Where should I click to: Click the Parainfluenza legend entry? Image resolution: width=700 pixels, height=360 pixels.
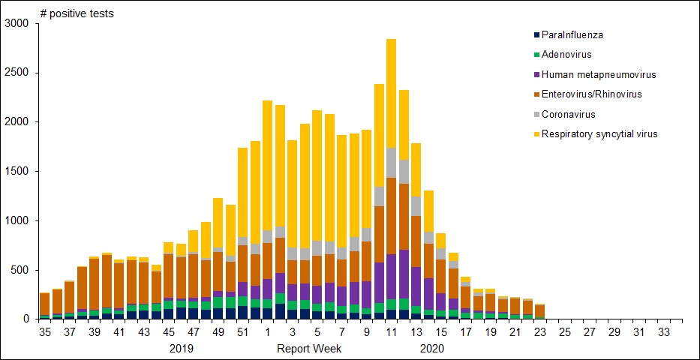coord(572,34)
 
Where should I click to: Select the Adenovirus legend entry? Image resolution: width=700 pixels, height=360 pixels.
coord(567,55)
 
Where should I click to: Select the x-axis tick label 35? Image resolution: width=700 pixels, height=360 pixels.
coord(45,331)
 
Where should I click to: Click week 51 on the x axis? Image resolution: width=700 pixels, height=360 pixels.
coord(242,331)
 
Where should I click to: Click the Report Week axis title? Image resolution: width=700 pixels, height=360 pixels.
coord(309,349)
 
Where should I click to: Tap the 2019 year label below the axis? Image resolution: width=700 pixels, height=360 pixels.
coord(182,349)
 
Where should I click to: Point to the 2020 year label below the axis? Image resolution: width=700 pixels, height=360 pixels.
coord(433,349)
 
